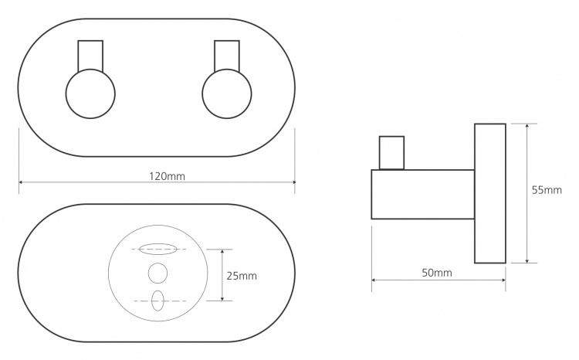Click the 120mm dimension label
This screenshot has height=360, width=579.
tap(167, 176)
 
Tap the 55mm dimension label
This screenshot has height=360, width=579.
tap(547, 190)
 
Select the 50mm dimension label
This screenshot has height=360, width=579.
tap(437, 273)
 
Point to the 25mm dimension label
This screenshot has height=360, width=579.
tap(242, 276)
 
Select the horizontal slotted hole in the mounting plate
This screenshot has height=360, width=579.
tap(157, 249)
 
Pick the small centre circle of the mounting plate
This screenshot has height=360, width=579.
tap(157, 273)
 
